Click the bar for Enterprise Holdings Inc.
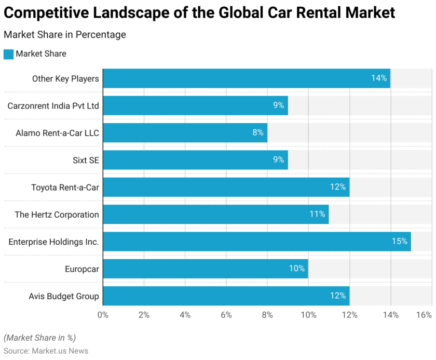tap(256, 242)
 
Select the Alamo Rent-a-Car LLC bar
tap(185, 132)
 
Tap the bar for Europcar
tap(205, 269)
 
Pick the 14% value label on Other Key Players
tap(378, 78)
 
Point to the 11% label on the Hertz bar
tap(317, 214)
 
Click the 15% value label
tap(399, 242)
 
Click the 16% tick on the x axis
tap(424, 315)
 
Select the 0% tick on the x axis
tap(103, 315)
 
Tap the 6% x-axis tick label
tap(226, 315)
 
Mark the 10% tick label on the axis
tap(308, 315)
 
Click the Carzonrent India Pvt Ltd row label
tap(53, 105)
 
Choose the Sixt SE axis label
tap(86, 160)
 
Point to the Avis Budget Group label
tap(63, 296)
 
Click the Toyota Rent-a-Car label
tap(65, 187)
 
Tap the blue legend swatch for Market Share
tap(8, 54)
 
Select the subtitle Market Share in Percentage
tap(65, 35)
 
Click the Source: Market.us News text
tap(46, 351)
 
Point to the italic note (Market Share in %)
tap(39, 338)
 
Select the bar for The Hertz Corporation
tap(215, 214)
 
